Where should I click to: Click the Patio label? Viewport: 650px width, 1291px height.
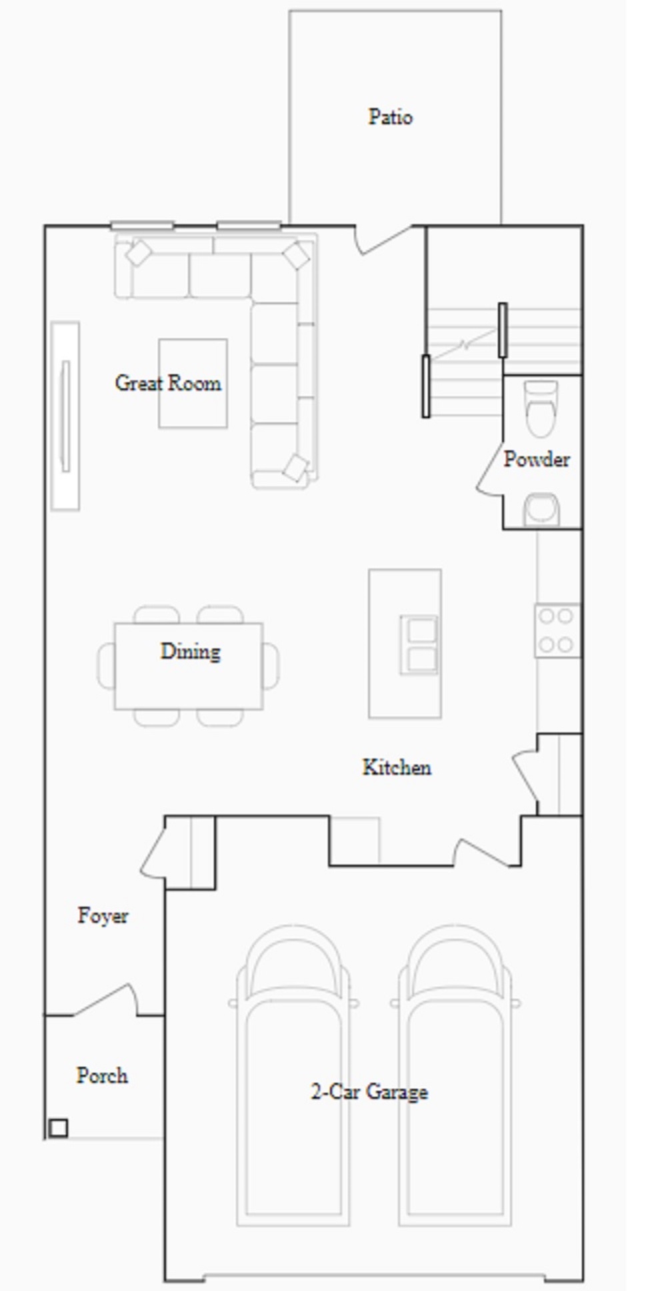(391, 117)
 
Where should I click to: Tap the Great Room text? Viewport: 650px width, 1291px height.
(168, 383)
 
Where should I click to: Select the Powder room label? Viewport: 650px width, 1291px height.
(537, 459)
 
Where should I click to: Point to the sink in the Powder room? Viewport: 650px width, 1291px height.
(541, 510)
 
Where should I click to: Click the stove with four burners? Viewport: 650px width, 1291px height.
(557, 630)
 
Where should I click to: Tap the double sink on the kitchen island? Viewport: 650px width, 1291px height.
(419, 644)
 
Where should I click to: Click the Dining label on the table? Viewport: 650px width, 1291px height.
(190, 651)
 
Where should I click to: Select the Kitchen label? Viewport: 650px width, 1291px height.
(397, 767)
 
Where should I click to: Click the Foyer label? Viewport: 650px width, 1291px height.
(103, 915)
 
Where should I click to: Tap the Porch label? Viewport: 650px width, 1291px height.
(102, 1075)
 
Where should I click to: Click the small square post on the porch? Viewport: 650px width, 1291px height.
(59, 1128)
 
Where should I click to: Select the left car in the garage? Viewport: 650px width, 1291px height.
(293, 1074)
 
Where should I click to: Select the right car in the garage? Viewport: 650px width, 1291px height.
(455, 1074)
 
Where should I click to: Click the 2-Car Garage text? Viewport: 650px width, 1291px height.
(369, 1092)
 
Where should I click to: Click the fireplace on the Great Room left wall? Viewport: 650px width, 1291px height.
(65, 416)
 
